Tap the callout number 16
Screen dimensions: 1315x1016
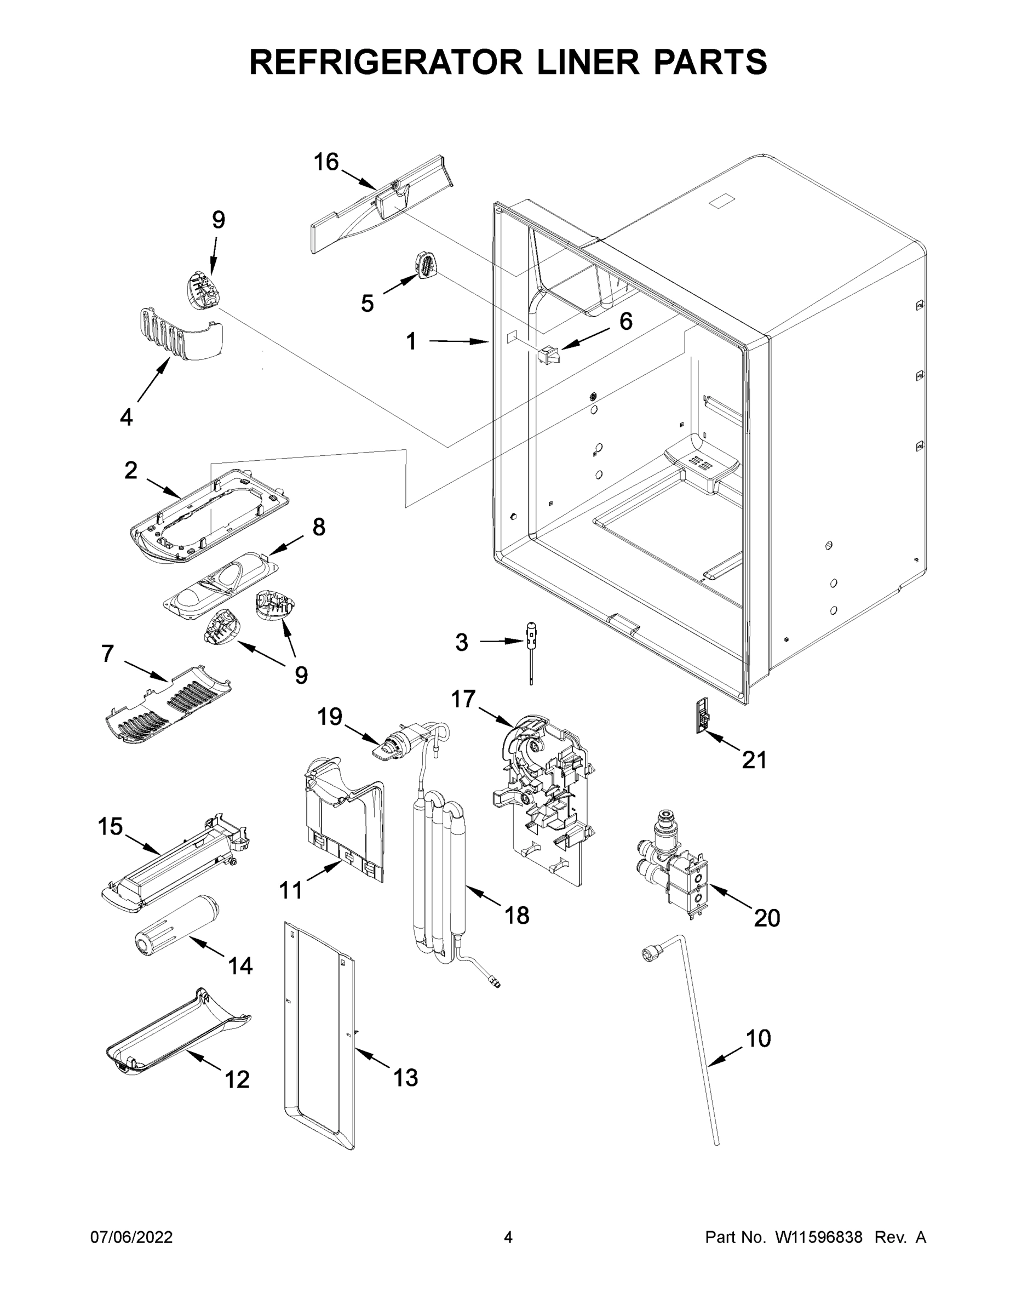pos(326,162)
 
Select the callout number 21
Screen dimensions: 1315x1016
pos(754,760)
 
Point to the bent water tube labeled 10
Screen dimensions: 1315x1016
pos(698,1024)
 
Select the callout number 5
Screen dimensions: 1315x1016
pos(366,303)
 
